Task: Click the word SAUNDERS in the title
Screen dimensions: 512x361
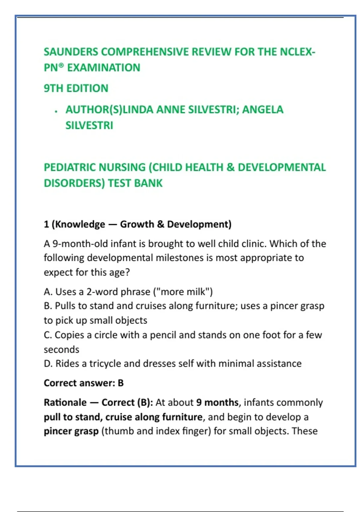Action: pyautogui.click(x=71, y=52)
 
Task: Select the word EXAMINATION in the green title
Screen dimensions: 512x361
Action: pyautogui.click(x=103, y=68)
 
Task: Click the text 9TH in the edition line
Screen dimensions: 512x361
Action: pyautogui.click(x=54, y=89)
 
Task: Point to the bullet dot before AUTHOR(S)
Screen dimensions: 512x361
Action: pyautogui.click(x=56, y=112)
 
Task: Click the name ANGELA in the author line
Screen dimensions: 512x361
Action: pyautogui.click(x=263, y=110)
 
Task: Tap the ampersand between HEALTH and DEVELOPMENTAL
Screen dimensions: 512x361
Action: pyautogui.click(x=230, y=167)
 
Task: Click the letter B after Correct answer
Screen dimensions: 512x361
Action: pyautogui.click(x=121, y=383)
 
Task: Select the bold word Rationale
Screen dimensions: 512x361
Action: pyautogui.click(x=65, y=403)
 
